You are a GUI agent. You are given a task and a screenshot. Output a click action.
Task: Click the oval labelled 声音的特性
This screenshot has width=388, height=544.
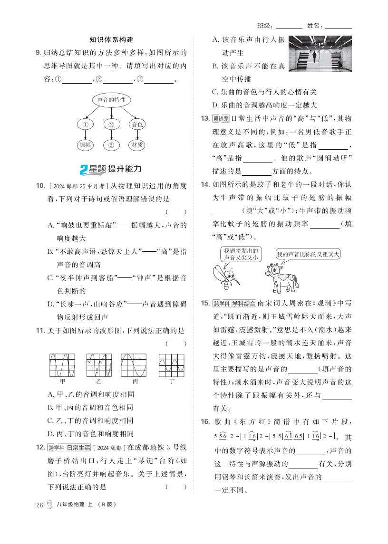[111, 100]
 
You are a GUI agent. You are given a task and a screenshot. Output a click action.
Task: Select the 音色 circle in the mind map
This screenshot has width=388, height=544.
[137, 124]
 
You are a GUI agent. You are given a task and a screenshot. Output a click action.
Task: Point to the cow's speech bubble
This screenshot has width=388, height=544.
[308, 254]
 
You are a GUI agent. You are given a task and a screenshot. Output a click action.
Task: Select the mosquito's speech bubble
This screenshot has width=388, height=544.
[240, 254]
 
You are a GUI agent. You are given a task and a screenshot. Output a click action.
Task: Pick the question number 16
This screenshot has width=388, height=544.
[205, 422]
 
